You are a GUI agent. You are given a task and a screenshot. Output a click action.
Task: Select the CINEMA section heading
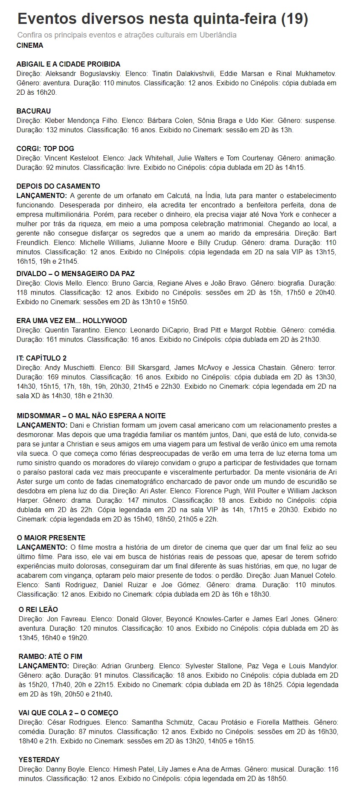click(30, 45)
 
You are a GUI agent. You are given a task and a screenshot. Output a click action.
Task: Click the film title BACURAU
click(34, 111)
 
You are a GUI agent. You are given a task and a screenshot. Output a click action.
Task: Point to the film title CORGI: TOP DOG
click(45, 149)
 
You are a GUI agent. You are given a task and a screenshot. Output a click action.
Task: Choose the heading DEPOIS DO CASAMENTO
click(58, 186)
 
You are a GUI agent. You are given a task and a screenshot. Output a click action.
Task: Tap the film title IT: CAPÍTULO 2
click(41, 358)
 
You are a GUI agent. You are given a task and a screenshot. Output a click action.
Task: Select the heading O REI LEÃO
click(38, 609)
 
